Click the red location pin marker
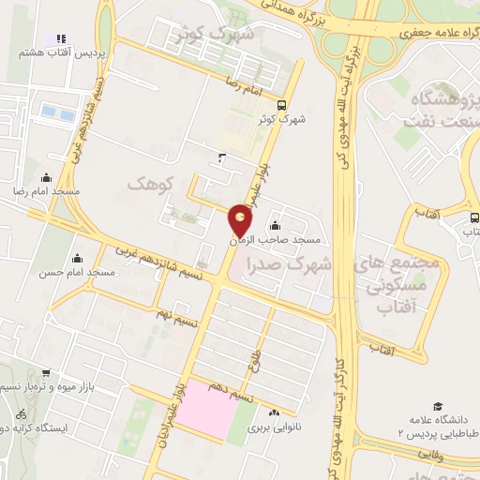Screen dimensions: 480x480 (241, 221)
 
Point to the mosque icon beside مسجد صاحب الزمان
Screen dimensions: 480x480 (275, 225)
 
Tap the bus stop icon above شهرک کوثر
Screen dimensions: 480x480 (282, 105)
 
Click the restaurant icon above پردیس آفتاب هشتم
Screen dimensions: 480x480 (60, 37)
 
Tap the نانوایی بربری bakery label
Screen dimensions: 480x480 (271, 427)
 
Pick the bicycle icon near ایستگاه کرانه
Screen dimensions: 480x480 (22, 413)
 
